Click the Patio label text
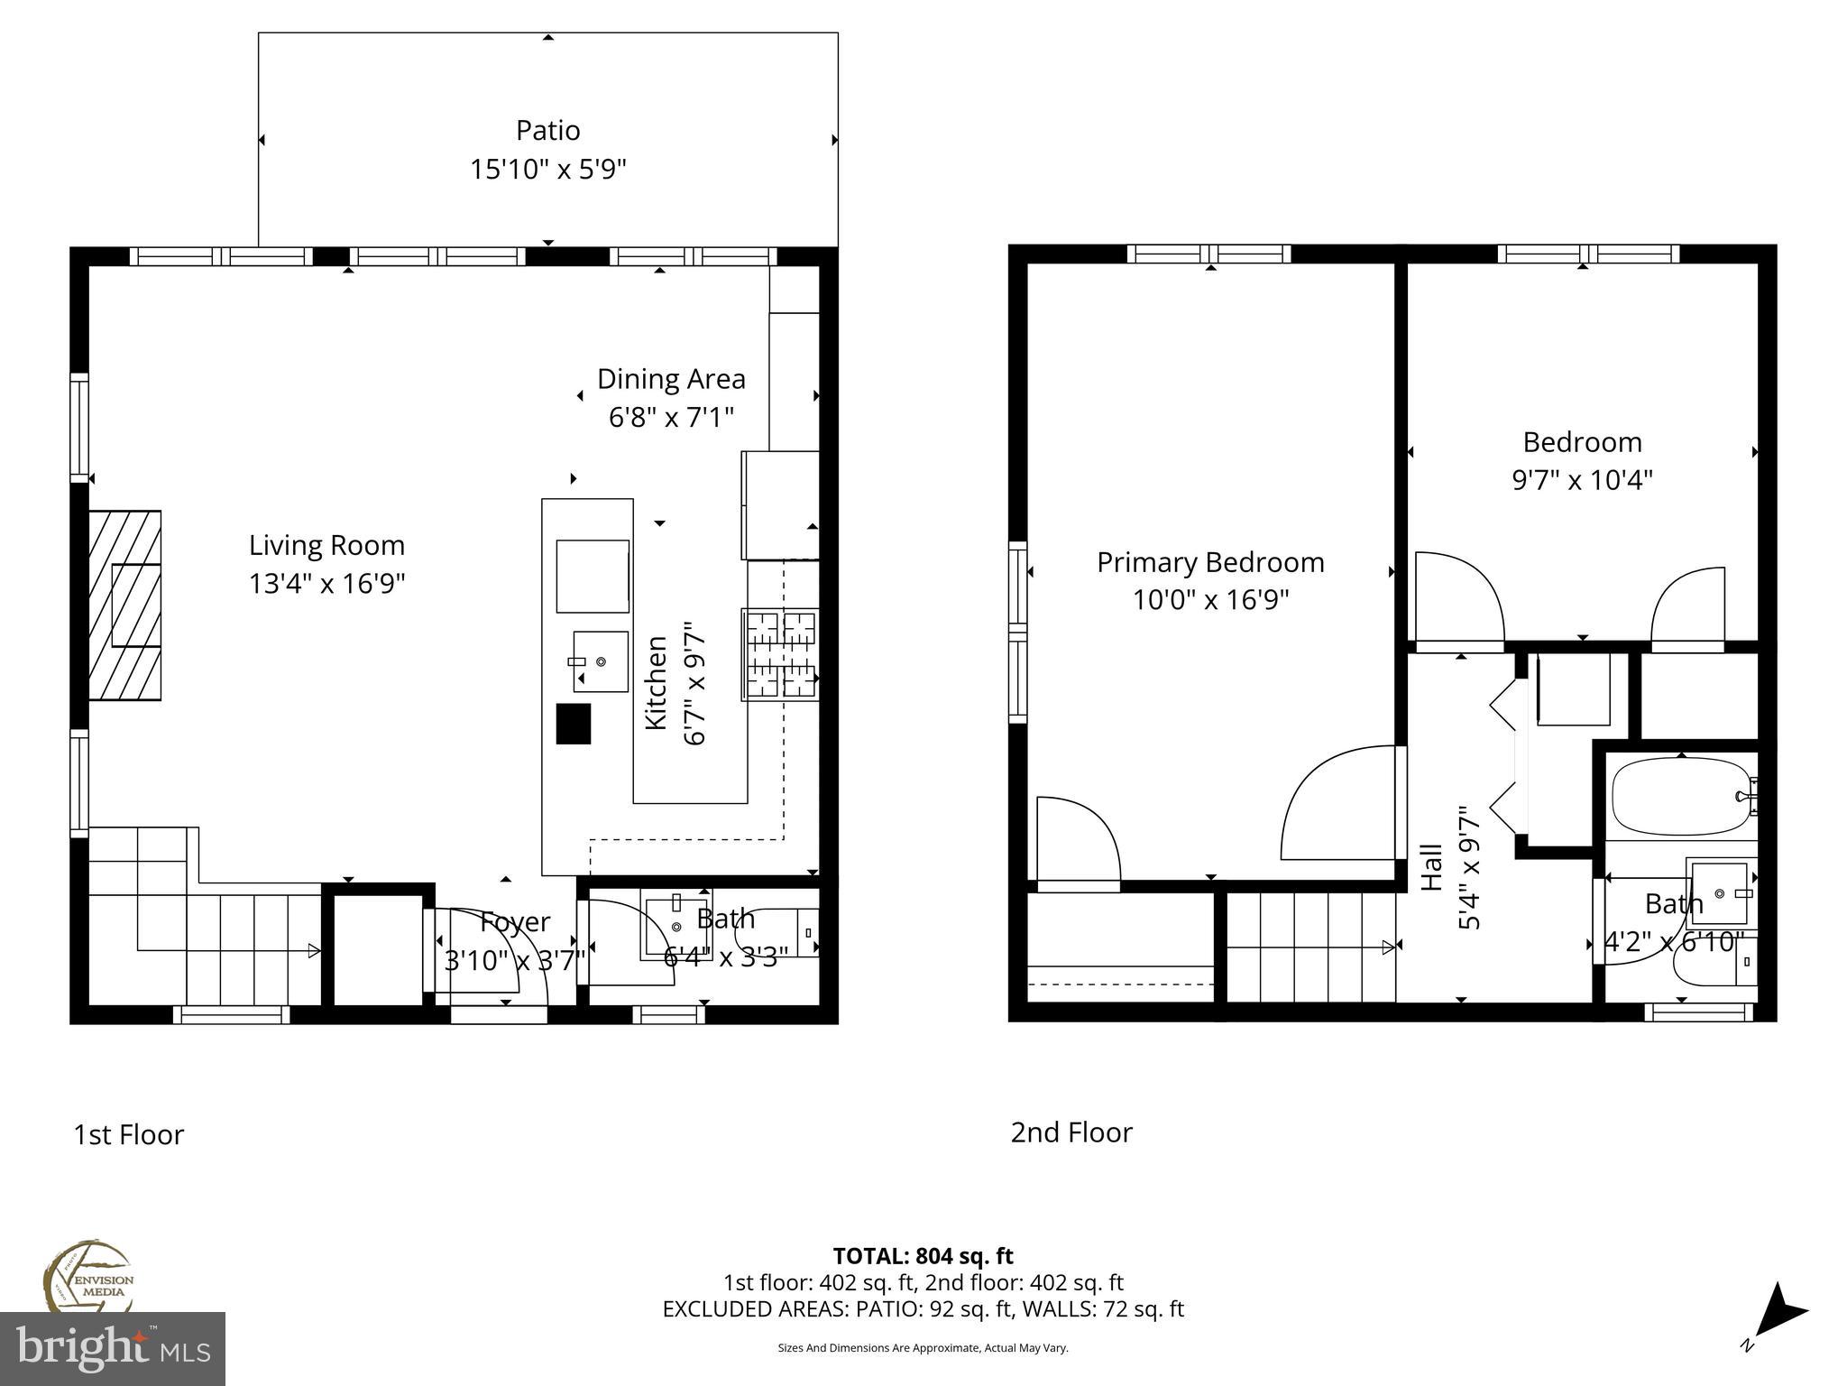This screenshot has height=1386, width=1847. [x=547, y=131]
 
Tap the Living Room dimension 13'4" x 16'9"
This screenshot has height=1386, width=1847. [x=326, y=584]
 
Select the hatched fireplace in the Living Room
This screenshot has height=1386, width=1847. [x=125, y=605]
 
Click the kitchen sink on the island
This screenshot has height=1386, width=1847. [x=600, y=661]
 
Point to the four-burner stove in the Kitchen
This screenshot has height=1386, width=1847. [x=780, y=655]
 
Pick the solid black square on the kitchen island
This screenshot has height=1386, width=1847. [x=573, y=724]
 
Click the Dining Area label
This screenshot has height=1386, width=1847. [x=671, y=379]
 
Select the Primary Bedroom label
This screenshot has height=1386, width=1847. [x=1210, y=563]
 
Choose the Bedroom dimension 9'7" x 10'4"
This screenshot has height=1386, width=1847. [x=1582, y=480]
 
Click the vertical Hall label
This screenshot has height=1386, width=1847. [x=1431, y=868]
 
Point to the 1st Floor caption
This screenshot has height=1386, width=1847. [x=128, y=1134]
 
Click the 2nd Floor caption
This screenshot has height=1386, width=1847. [x=1071, y=1132]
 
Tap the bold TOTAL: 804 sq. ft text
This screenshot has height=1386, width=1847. [x=923, y=1256]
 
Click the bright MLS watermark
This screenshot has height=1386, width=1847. [x=112, y=1348]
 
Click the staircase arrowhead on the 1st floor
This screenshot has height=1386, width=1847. [x=314, y=950]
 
